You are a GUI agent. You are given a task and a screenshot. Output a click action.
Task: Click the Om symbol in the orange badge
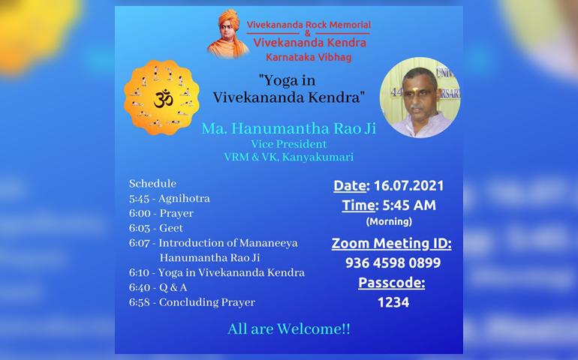163,100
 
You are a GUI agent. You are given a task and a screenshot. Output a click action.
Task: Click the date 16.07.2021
408,186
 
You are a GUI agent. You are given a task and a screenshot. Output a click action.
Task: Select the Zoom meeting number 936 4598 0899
393,262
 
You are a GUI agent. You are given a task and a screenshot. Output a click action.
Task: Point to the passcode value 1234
393,302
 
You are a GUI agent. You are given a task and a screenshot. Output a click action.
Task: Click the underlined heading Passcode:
392,283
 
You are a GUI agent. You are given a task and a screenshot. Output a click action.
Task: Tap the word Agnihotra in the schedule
184,199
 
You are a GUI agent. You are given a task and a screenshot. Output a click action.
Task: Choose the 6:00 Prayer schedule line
161,213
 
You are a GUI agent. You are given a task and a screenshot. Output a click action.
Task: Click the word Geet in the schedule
171,228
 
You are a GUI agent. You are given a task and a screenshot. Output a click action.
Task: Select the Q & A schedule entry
158,287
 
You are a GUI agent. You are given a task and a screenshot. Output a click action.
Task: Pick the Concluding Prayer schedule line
192,302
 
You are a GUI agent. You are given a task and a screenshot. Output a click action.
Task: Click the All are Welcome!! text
289,328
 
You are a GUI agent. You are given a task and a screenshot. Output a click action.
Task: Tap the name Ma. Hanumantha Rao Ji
289,128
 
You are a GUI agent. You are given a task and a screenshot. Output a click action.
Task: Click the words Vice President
289,144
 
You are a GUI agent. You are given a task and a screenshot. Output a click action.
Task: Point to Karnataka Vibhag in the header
309,58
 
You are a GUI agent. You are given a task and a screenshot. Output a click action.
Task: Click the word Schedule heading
152,184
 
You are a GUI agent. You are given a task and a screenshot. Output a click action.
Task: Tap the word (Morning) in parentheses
389,221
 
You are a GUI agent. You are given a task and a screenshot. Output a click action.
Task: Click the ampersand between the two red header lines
308,34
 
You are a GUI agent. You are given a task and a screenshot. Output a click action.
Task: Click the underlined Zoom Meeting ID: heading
392,244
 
